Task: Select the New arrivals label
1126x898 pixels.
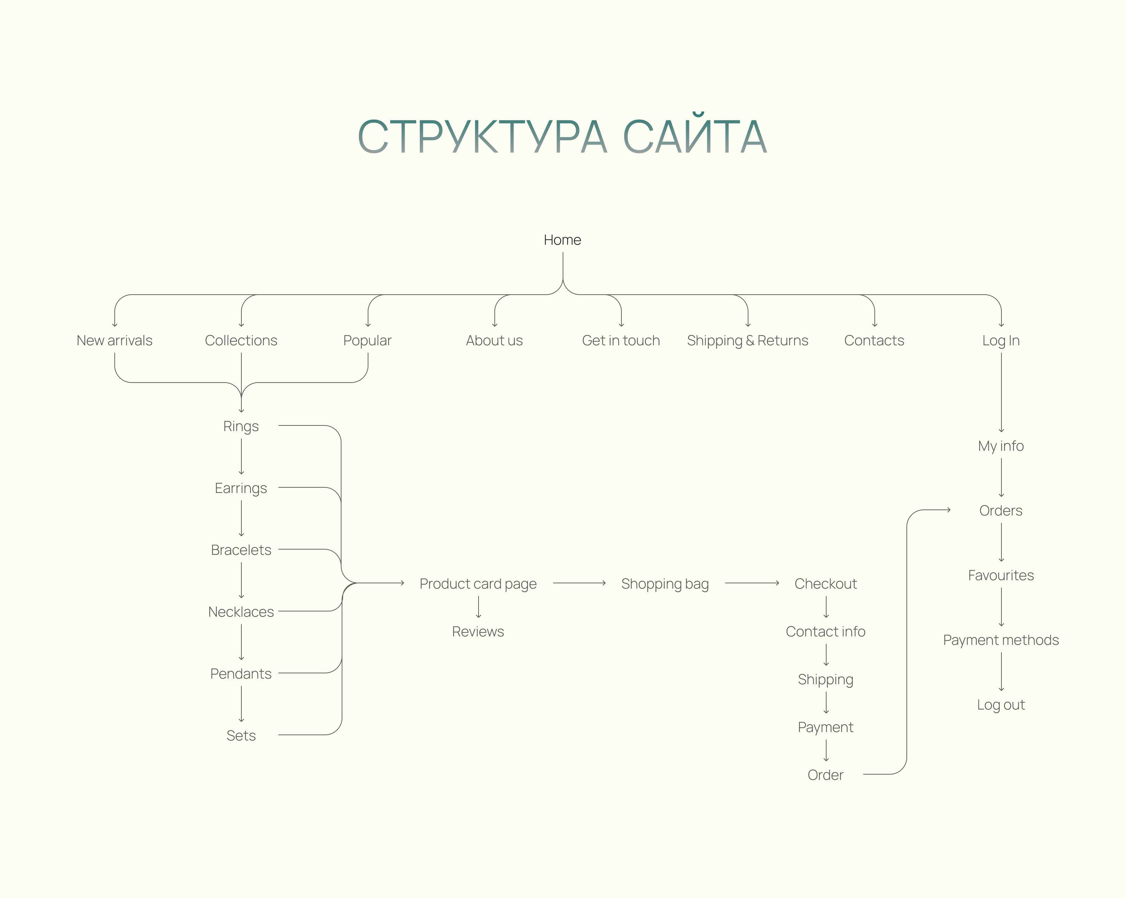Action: [114, 341]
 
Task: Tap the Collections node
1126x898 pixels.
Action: [241, 341]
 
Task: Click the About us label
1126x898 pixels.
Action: [494, 341]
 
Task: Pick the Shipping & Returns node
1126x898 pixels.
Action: [747, 341]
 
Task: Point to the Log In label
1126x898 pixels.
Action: [1001, 341]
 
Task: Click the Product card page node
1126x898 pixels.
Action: [478, 584]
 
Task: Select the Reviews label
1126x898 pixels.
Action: [478, 632]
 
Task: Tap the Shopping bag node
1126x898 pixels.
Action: [665, 584]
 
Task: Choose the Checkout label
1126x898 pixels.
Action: [826, 584]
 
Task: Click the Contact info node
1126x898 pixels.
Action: [826, 632]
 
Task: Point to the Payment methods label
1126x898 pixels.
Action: [1001, 640]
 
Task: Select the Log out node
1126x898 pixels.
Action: [1001, 705]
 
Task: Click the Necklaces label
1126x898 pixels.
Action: [241, 612]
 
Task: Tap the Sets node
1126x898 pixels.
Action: [241, 736]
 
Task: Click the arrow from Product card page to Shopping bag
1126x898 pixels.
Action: [579, 583]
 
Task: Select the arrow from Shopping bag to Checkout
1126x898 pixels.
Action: [752, 583]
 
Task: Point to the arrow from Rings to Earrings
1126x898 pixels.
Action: [241, 457]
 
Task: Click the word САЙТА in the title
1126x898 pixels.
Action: [695, 137]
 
